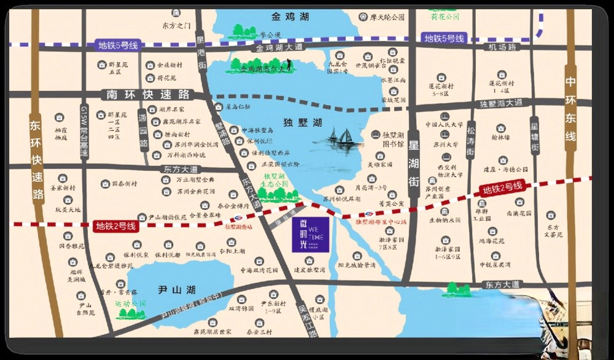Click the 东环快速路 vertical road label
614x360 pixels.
(x=37, y=160)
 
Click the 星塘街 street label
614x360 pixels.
(x=535, y=139)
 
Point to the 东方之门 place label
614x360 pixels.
(x=177, y=26)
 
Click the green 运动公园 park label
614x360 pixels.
(x=131, y=303)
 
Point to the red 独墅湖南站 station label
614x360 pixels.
(x=238, y=227)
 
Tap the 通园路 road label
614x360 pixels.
(x=142, y=131)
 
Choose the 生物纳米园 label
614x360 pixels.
(x=445, y=219)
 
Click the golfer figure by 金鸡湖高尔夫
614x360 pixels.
(x=289, y=63)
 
